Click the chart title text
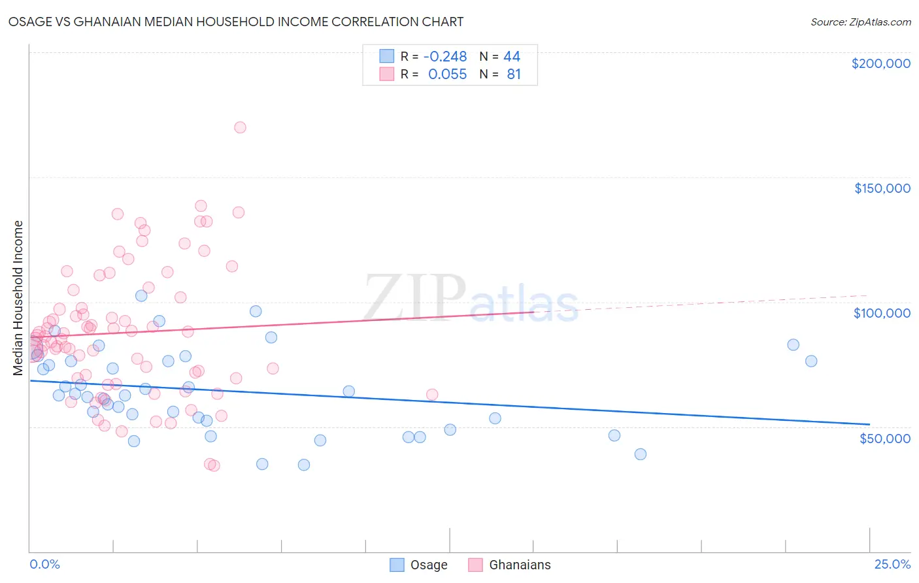(x=236, y=22)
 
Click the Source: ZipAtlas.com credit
(x=860, y=22)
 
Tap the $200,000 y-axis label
(x=880, y=63)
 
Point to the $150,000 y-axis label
(x=882, y=188)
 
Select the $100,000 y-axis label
(x=882, y=313)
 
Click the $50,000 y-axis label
(x=884, y=438)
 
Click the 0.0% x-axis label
(x=44, y=564)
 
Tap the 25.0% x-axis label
(x=892, y=564)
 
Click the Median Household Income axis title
(x=18, y=298)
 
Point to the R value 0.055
(x=447, y=75)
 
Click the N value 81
(x=514, y=75)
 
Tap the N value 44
(x=512, y=57)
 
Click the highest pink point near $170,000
(x=240, y=127)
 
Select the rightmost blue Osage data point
(x=811, y=361)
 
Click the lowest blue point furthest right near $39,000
(x=641, y=454)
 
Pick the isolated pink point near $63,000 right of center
(x=432, y=395)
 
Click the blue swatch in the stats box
(x=387, y=56)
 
